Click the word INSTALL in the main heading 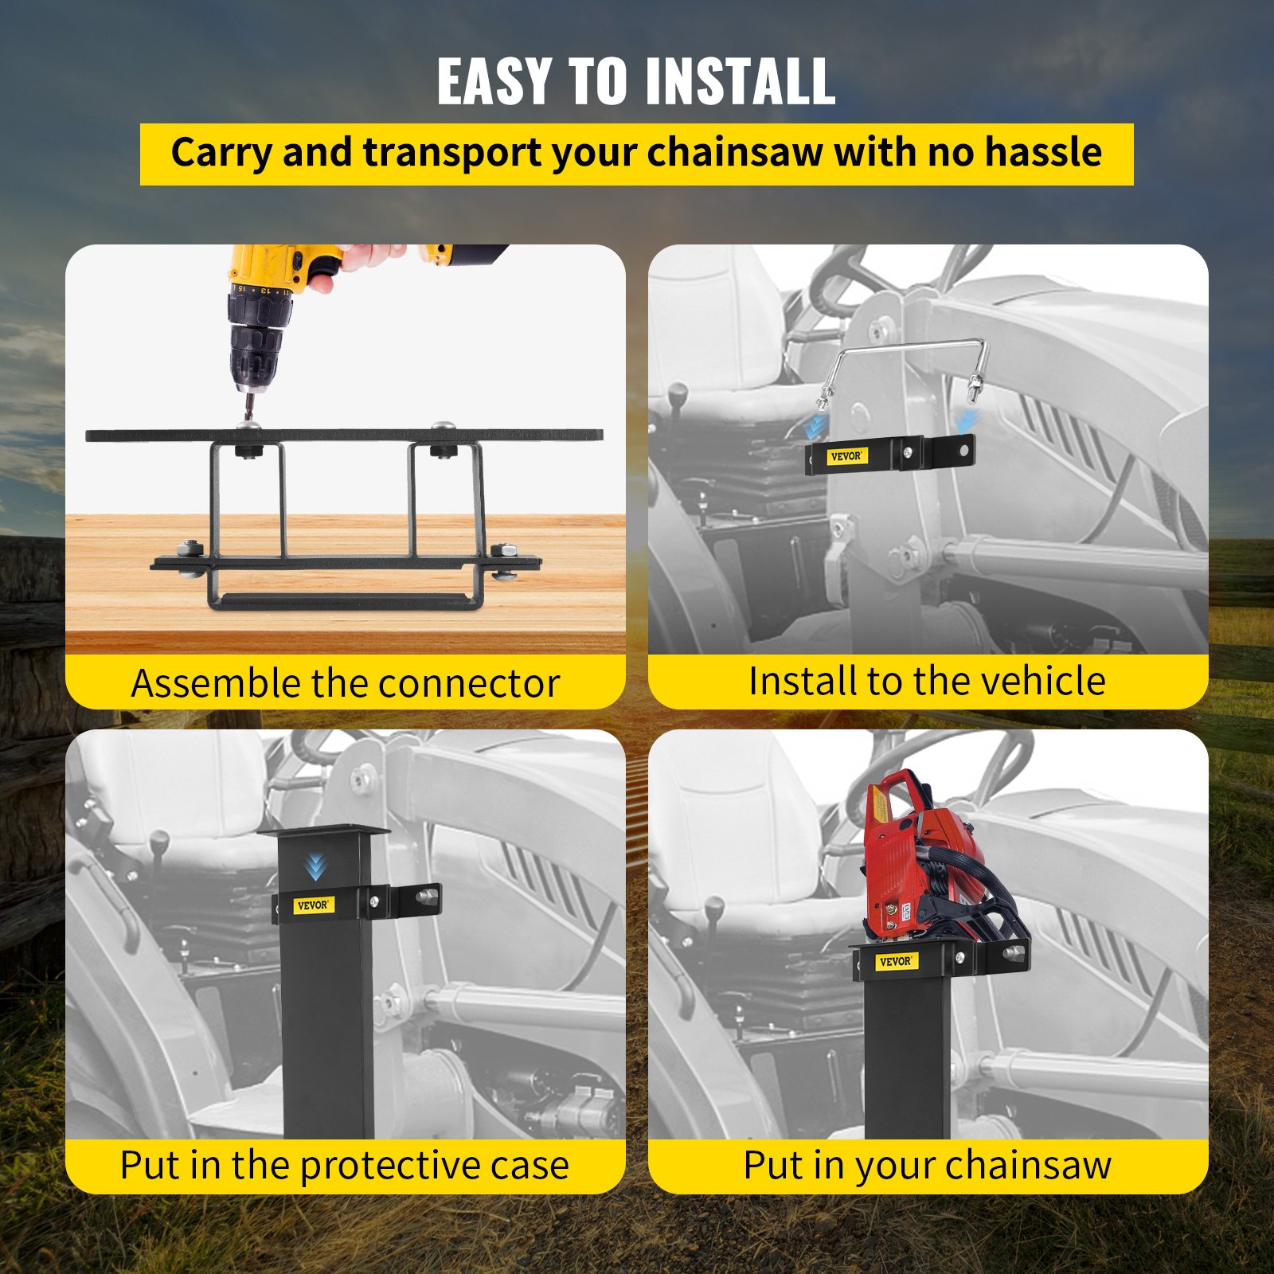coord(740,81)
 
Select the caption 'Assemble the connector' coord(346,683)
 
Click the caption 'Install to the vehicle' coord(927,681)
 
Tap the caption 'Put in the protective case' coord(345,1165)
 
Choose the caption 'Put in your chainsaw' coord(927,1165)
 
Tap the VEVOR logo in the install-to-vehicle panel coord(846,456)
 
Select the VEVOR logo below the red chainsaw coord(897,961)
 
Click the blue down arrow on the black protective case coord(315,866)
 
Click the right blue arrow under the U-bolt coord(965,420)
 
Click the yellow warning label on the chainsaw coord(880,807)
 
